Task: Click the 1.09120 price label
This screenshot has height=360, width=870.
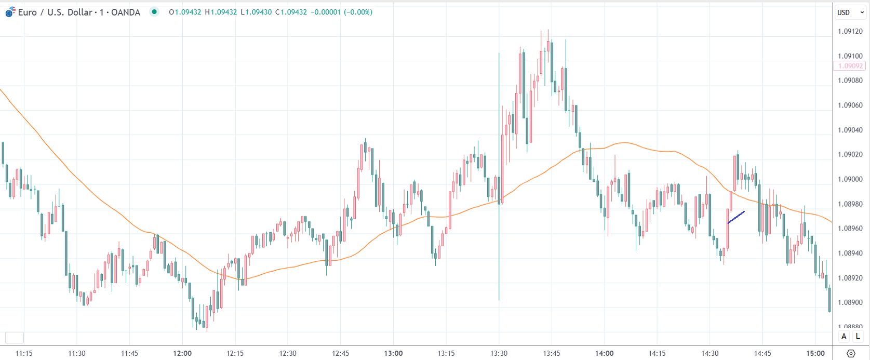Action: [x=850, y=31]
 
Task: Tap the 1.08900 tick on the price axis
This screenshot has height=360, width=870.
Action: [x=850, y=302]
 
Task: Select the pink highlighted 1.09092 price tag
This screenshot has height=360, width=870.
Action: [x=850, y=66]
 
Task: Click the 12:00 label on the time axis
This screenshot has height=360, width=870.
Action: [x=182, y=353]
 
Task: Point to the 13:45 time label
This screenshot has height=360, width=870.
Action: [x=552, y=353]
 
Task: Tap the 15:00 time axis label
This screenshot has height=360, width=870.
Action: [x=815, y=353]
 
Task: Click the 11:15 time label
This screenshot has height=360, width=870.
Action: [x=24, y=353]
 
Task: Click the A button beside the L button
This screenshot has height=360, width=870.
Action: [x=844, y=336]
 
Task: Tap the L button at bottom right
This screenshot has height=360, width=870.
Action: [x=858, y=336]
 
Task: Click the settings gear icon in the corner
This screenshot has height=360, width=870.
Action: [x=851, y=353]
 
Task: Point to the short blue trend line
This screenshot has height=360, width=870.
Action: [x=736, y=217]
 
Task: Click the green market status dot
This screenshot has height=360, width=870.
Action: [x=154, y=12]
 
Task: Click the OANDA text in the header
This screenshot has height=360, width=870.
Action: [x=126, y=12]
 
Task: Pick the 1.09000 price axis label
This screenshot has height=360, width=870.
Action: [x=850, y=179]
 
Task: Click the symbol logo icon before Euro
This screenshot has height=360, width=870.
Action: [x=10, y=12]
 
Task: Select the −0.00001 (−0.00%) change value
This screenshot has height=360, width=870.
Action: [x=341, y=12]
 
